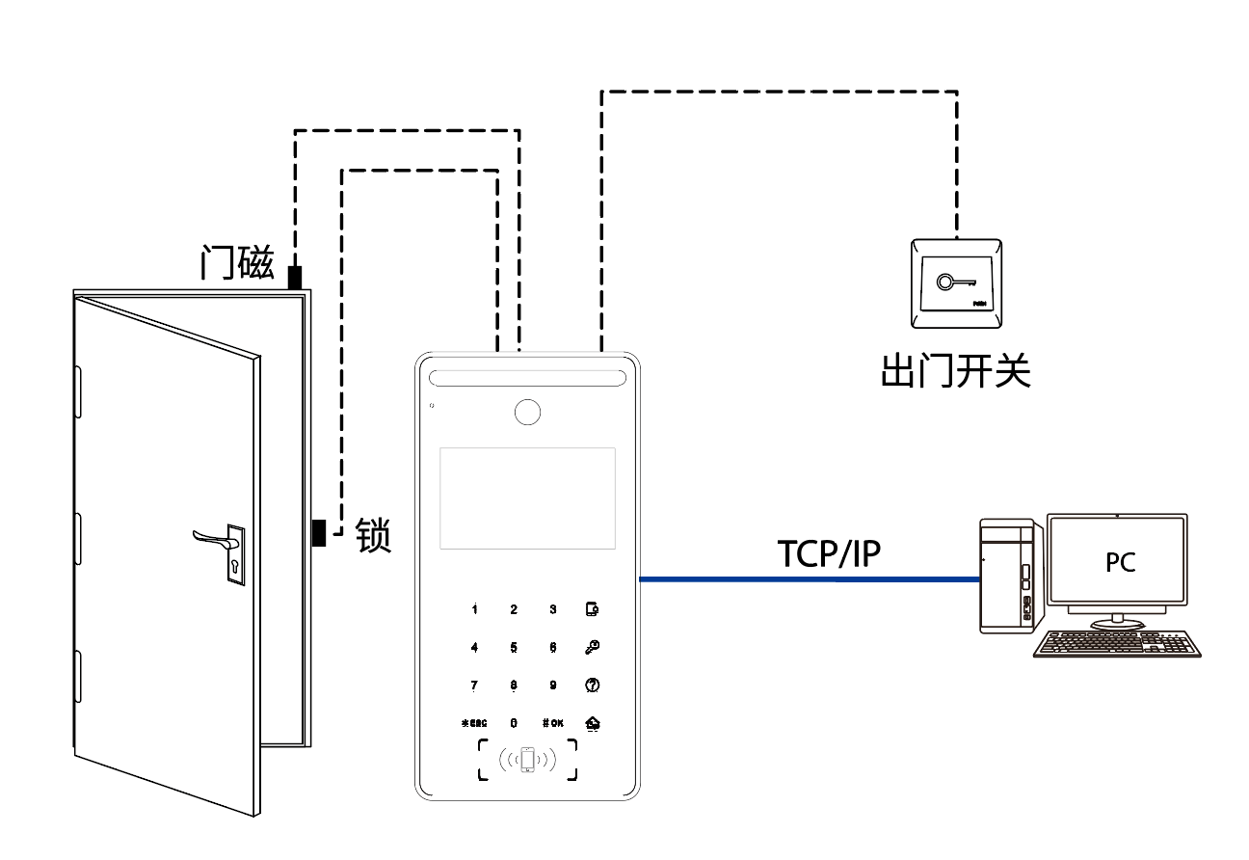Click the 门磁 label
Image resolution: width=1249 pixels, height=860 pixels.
237,261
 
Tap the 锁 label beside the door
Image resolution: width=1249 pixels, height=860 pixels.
374,533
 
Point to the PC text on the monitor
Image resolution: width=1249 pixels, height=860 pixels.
1121,562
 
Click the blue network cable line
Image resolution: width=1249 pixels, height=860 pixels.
810,579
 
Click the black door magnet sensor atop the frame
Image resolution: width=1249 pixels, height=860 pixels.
295,277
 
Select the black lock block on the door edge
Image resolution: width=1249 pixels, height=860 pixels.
318,532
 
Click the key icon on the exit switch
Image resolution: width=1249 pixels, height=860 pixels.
955,283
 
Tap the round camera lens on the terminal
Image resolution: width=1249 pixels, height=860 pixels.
526,412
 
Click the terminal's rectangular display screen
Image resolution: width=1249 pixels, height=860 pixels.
527,497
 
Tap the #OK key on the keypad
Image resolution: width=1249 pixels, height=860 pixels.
552,722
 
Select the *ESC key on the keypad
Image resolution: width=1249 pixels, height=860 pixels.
474,722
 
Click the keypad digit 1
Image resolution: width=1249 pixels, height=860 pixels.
474,609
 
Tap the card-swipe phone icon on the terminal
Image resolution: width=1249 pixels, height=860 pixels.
526,760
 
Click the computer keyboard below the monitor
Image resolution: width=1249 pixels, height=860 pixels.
1117,643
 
